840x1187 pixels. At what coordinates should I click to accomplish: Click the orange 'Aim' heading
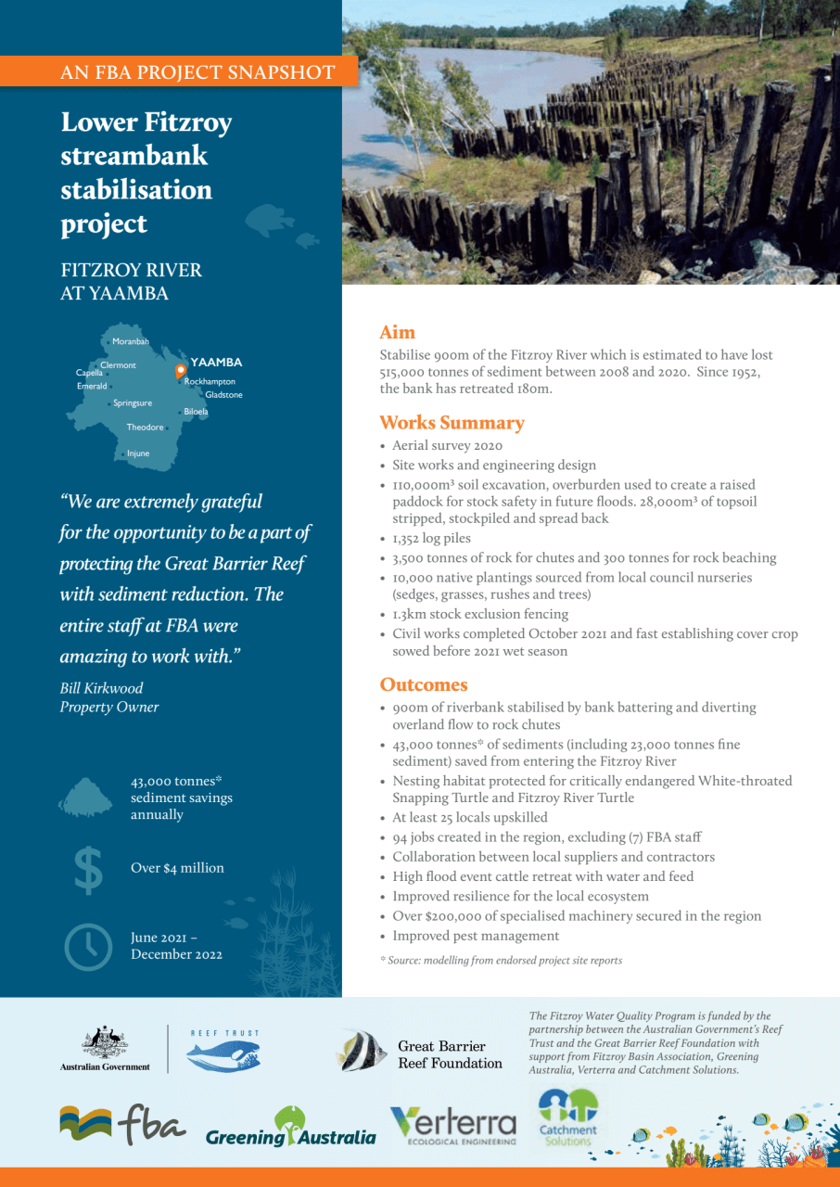click(x=397, y=333)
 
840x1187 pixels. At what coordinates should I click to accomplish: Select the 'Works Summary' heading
click(x=452, y=424)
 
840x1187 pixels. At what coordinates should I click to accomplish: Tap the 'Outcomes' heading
click(x=424, y=685)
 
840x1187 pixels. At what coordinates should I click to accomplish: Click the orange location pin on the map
click(x=181, y=372)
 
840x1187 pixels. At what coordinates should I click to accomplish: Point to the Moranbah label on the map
click(x=130, y=342)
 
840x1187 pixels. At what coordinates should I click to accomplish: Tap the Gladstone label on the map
click(x=223, y=395)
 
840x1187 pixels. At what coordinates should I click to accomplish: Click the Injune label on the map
click(x=137, y=453)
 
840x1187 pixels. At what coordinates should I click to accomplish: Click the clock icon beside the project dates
click(x=89, y=945)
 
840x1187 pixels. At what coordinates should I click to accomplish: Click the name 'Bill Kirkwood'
click(x=101, y=688)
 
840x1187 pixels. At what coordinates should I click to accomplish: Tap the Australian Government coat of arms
click(x=104, y=1042)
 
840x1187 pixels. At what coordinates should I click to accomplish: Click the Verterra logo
click(x=453, y=1126)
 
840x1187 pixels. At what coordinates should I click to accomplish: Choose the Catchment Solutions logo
click(x=568, y=1117)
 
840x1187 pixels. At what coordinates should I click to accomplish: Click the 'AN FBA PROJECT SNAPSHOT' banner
click(x=197, y=71)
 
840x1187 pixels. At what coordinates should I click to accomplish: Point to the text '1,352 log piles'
click(x=431, y=539)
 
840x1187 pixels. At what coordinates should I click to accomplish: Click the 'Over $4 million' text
click(x=177, y=868)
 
